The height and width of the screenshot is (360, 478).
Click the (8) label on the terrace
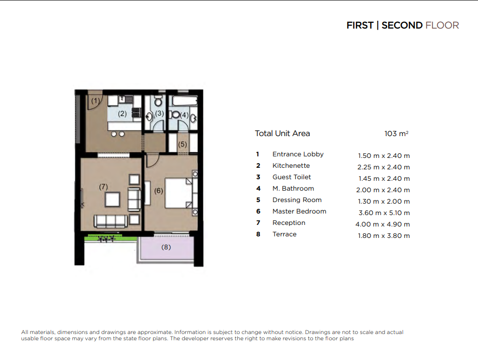point(166,247)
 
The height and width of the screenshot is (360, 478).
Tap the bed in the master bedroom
point(179,193)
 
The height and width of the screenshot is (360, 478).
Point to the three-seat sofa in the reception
point(111,221)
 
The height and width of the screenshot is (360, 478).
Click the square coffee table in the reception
point(113,200)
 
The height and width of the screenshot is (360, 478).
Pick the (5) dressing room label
point(182,144)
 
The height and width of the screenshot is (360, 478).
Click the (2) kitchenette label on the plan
point(122,114)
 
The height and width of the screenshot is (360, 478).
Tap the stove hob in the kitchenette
point(136,113)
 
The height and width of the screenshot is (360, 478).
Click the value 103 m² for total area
point(397,134)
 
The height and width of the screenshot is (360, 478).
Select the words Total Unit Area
point(282,134)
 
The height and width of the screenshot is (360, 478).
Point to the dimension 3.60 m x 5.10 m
point(384,212)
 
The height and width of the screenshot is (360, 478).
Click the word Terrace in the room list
point(284,234)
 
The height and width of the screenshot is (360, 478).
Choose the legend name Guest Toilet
point(292,177)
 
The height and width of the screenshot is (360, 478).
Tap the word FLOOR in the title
point(442,25)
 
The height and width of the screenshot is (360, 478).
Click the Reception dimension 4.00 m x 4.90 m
point(383,224)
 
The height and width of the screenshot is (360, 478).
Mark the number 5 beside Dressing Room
point(258,200)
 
